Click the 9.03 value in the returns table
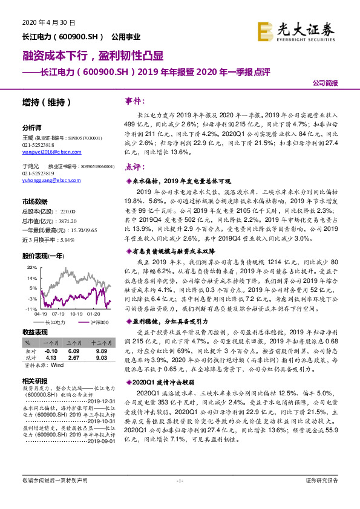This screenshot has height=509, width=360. click(100, 358)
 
